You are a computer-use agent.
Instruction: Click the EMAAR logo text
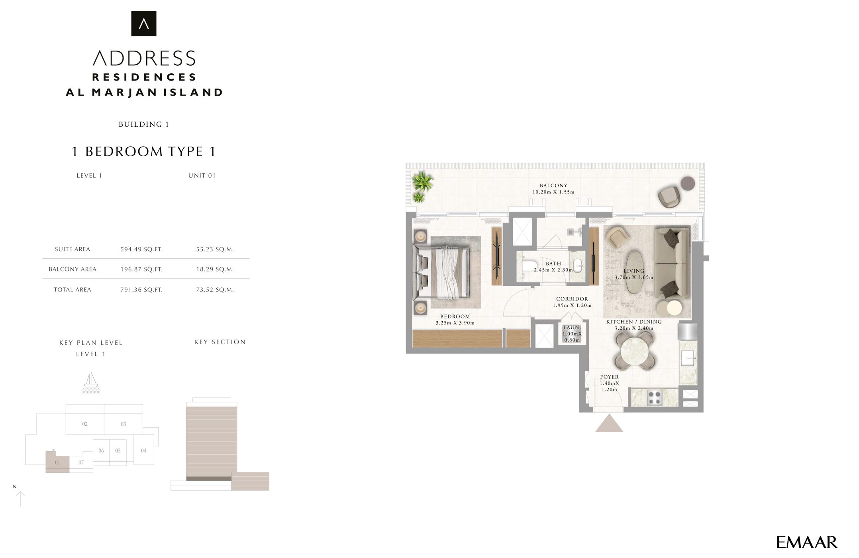(806, 542)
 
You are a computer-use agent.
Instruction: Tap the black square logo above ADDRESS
(144, 24)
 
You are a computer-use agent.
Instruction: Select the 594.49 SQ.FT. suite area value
(141, 250)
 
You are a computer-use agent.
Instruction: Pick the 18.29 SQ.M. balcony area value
(215, 269)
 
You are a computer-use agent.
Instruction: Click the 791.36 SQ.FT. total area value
(141, 290)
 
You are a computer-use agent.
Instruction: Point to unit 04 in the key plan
(143, 451)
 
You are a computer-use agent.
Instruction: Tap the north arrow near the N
(20, 499)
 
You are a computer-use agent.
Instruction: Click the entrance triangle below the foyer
(609, 424)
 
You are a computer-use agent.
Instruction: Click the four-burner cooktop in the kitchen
(654, 397)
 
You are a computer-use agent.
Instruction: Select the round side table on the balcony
(688, 184)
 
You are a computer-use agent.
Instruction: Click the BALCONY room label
(553, 186)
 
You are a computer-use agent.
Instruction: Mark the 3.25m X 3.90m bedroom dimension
(455, 323)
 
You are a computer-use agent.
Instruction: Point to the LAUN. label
(572, 328)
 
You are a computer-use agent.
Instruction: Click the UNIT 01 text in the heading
(202, 176)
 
